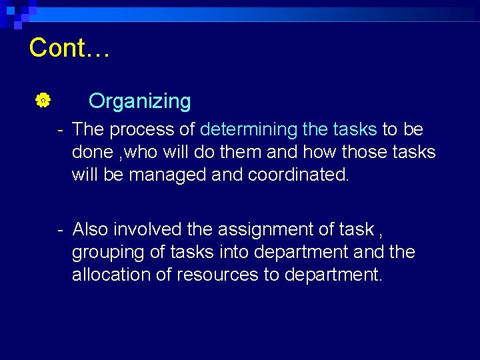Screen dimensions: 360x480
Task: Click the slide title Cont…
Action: click(69, 48)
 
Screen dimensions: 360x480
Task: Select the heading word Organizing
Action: click(139, 101)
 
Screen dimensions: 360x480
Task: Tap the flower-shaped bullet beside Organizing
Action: click(41, 101)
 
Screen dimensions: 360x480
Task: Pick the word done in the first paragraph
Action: click(92, 152)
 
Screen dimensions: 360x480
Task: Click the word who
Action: click(139, 152)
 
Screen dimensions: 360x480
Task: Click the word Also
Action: click(91, 229)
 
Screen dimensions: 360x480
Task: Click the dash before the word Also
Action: click(60, 229)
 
